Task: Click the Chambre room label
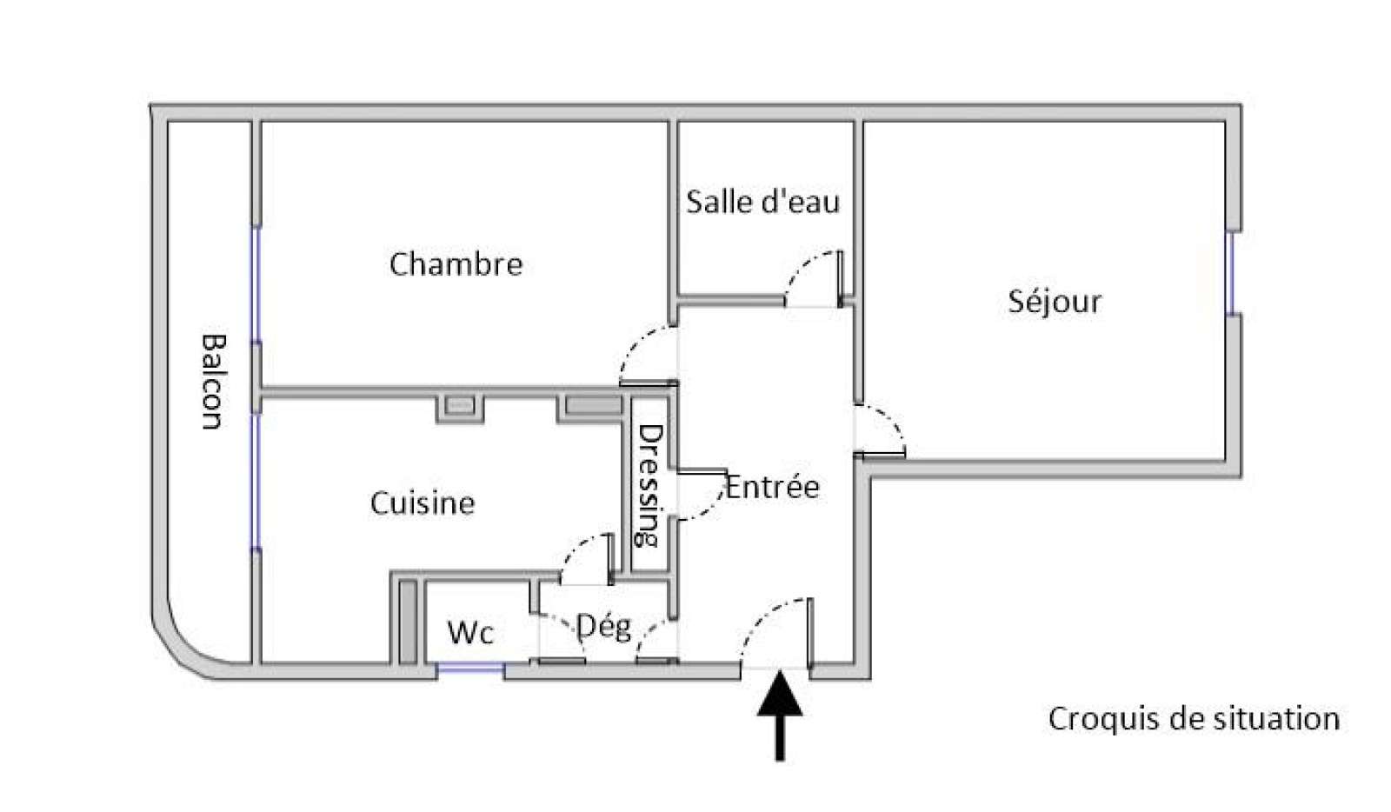coord(456,264)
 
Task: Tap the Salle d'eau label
coord(762,203)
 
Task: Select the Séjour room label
coord(1055,302)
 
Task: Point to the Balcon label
coord(211,382)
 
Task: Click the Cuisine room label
coord(423,503)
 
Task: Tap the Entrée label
coord(772,487)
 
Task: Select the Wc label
coord(470,633)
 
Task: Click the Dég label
coord(604,626)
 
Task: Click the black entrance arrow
coord(780,713)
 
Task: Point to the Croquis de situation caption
coord(1193,719)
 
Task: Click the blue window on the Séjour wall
coord(1230,272)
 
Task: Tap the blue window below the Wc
coord(470,668)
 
